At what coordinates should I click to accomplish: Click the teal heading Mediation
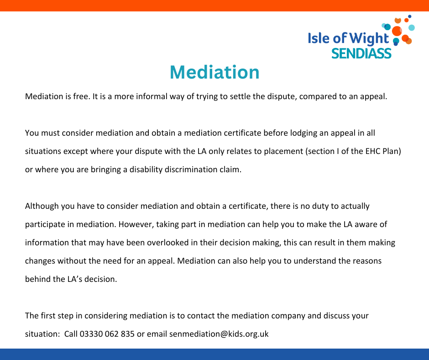pyautogui.click(x=214, y=72)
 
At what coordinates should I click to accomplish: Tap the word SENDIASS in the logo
pyautogui.click(x=361, y=53)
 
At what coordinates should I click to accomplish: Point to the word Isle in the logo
pyautogui.click(x=319, y=38)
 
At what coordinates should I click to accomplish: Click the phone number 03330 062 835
pyautogui.click(x=107, y=334)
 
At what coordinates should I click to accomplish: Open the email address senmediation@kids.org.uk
pyautogui.click(x=219, y=334)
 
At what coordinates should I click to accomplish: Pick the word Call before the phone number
pyautogui.click(x=71, y=334)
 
